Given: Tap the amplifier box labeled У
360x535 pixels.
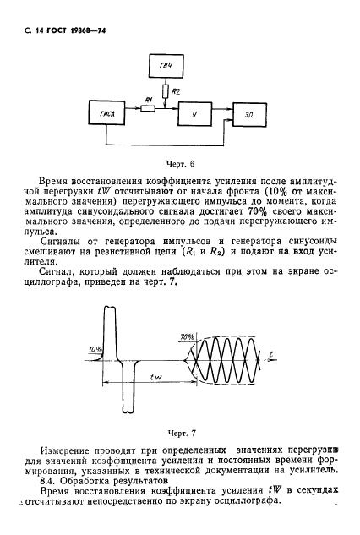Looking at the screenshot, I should [x=195, y=113].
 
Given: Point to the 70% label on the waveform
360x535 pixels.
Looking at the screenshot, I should [x=186, y=338].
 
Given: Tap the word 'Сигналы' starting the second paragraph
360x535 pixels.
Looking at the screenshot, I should [x=63, y=241].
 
